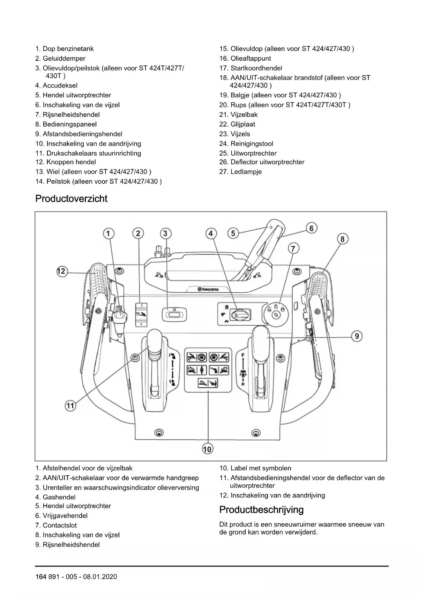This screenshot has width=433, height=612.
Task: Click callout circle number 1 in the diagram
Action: click(x=109, y=233)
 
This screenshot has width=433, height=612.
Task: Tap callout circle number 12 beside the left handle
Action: click(x=61, y=271)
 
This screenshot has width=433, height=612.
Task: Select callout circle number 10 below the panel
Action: click(x=207, y=449)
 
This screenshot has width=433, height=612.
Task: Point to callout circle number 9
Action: click(x=357, y=336)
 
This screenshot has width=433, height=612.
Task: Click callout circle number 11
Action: click(x=70, y=405)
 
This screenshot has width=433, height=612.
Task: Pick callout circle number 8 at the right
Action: click(x=342, y=239)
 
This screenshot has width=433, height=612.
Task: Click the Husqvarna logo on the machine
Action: click(x=209, y=289)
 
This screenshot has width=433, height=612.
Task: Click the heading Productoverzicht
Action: click(x=71, y=199)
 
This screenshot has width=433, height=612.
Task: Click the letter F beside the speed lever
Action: click(x=242, y=355)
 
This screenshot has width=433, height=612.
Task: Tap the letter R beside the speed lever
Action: click(x=242, y=384)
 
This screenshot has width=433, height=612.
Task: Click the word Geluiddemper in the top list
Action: click(x=64, y=58)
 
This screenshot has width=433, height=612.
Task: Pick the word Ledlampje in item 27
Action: click(x=246, y=172)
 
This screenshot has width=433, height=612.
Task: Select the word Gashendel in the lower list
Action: click(x=59, y=497)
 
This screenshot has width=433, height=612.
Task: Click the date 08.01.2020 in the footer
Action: click(x=100, y=576)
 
